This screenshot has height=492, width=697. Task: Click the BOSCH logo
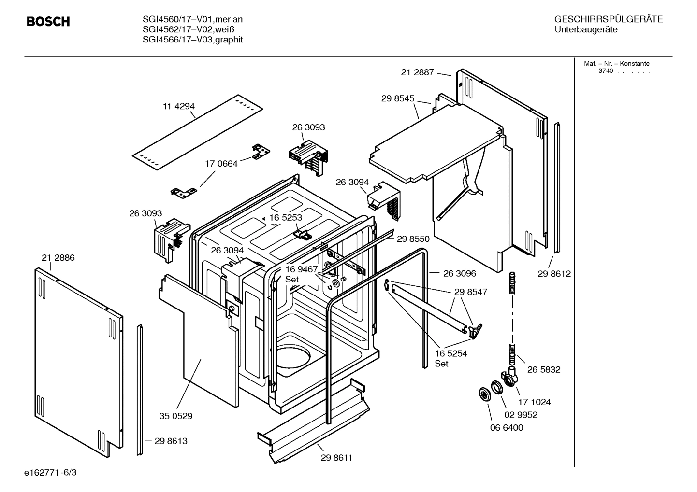click(x=48, y=22)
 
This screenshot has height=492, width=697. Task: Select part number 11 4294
click(x=178, y=106)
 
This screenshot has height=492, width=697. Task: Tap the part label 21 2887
click(x=417, y=72)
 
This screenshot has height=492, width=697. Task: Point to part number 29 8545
click(x=397, y=98)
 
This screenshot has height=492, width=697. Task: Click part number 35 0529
click(x=176, y=416)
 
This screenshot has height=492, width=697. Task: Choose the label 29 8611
click(x=336, y=458)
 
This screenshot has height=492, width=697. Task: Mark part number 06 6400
click(x=507, y=427)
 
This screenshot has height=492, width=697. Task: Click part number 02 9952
click(x=521, y=415)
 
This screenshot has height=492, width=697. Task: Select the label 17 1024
click(x=534, y=402)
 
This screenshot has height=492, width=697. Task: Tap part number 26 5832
click(x=544, y=369)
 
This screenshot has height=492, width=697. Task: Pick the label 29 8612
click(x=554, y=274)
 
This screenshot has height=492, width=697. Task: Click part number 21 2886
click(x=58, y=258)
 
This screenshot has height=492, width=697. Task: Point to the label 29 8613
click(x=171, y=441)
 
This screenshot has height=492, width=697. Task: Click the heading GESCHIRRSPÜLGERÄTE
click(x=608, y=19)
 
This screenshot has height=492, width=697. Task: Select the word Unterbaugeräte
click(x=586, y=30)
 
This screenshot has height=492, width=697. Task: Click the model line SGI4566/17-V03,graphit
click(x=192, y=40)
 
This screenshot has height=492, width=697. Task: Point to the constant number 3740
click(x=605, y=71)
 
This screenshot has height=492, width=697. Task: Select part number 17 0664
click(x=221, y=164)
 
